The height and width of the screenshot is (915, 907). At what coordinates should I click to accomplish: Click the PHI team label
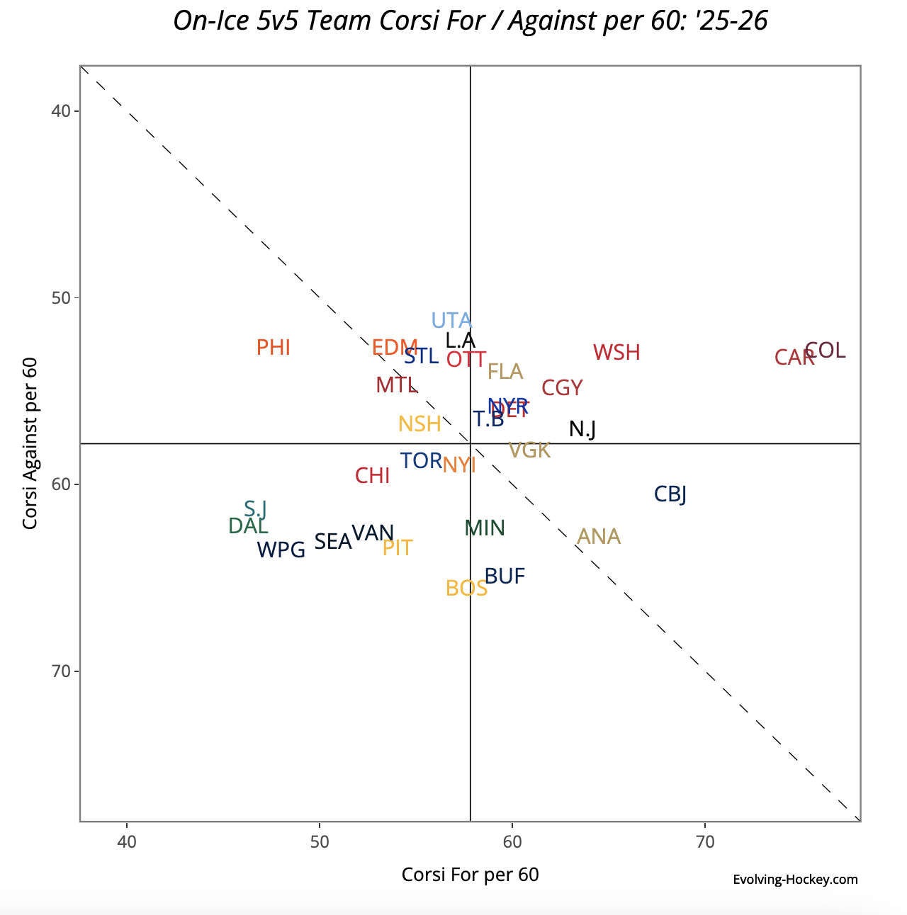click(x=273, y=348)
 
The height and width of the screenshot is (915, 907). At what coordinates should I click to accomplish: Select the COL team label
click(x=826, y=351)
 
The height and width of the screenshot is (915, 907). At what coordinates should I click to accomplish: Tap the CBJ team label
click(x=670, y=494)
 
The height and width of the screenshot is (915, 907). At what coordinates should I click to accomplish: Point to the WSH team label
click(x=616, y=353)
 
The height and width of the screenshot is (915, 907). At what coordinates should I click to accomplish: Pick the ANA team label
click(x=599, y=537)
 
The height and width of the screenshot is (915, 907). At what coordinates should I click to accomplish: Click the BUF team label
click(x=505, y=577)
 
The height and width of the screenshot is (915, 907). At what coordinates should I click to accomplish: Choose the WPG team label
click(x=281, y=550)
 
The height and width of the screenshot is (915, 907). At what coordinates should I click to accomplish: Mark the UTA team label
click(x=451, y=321)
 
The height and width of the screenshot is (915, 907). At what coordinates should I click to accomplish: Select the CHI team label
click(x=372, y=476)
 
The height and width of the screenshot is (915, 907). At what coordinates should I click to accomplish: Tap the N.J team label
click(x=582, y=429)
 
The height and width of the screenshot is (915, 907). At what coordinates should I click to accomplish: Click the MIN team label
click(x=485, y=528)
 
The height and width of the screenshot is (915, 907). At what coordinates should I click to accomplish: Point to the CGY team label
click(x=562, y=388)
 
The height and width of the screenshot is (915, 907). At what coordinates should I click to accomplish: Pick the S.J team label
click(x=255, y=508)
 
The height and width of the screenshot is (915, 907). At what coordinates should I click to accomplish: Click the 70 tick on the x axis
click(x=705, y=843)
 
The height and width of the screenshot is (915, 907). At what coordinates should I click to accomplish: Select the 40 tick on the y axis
click(x=60, y=111)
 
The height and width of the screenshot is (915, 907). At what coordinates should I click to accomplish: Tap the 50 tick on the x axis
click(x=320, y=843)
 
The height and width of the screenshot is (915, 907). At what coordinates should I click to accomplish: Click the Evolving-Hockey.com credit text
click(x=795, y=880)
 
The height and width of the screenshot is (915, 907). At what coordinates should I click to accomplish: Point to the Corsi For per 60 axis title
click(x=470, y=875)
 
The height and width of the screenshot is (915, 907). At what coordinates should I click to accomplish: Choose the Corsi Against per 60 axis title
click(x=30, y=443)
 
